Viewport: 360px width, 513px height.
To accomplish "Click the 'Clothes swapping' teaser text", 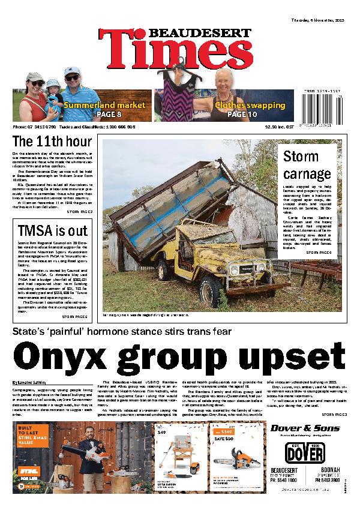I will pos(250,105).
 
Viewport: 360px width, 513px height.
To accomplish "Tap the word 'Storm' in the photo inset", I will pos(301,157).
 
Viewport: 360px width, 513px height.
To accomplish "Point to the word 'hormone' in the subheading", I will pos(157,332).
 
